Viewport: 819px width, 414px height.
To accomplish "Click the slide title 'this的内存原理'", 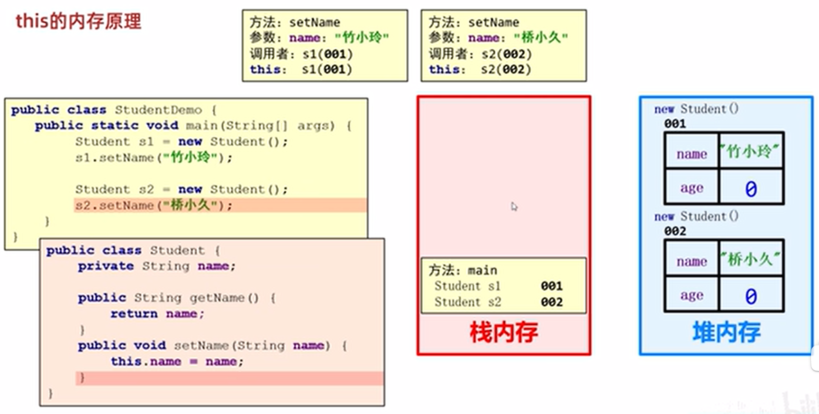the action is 78,21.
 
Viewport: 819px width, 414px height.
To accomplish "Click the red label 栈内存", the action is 503,332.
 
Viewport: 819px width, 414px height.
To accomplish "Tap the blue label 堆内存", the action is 726,332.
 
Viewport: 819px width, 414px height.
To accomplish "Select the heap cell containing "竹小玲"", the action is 750,151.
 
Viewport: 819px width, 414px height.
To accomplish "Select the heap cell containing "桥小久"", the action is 750,259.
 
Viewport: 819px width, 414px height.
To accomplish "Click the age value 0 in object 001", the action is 751,189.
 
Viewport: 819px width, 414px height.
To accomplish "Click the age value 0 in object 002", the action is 751,296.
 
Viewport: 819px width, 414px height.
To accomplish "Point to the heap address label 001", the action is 675,124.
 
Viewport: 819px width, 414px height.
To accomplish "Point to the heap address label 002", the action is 675,231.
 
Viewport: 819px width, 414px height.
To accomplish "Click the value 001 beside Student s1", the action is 552,286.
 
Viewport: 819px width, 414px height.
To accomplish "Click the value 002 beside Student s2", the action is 552,302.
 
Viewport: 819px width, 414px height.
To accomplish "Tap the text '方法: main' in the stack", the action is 463,270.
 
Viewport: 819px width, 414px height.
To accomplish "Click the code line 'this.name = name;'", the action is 177,361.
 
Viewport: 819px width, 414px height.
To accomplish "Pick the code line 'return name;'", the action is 157,314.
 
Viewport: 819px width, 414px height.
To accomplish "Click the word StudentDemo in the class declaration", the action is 158,110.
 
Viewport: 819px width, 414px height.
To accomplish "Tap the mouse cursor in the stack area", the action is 514,206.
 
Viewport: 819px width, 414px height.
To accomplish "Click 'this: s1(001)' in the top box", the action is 301,70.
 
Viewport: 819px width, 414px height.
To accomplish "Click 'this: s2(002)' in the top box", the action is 480,70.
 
